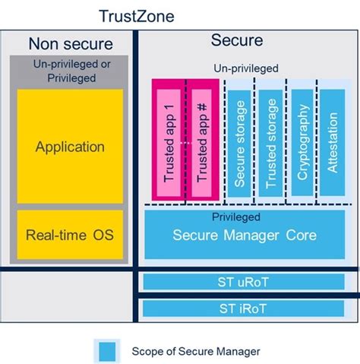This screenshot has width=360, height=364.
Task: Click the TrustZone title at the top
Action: tap(137, 15)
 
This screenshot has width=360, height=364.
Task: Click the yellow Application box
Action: tap(70, 147)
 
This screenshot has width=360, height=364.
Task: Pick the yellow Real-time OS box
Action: tap(70, 234)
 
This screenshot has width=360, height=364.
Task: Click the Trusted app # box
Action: tap(202, 141)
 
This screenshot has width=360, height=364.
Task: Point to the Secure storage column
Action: tap(239, 141)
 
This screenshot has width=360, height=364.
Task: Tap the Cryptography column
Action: tap(302, 141)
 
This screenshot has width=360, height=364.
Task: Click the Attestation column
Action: tap(332, 141)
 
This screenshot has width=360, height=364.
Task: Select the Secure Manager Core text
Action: tap(245, 235)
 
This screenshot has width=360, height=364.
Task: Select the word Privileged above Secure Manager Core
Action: tap(245, 217)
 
